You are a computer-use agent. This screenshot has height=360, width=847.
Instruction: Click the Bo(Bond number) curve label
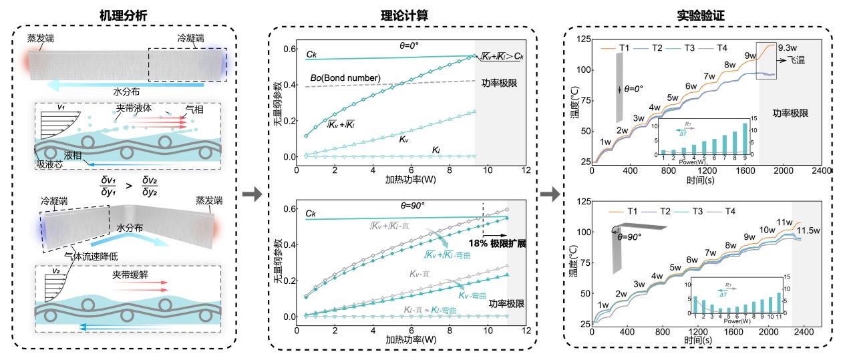[346, 78]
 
